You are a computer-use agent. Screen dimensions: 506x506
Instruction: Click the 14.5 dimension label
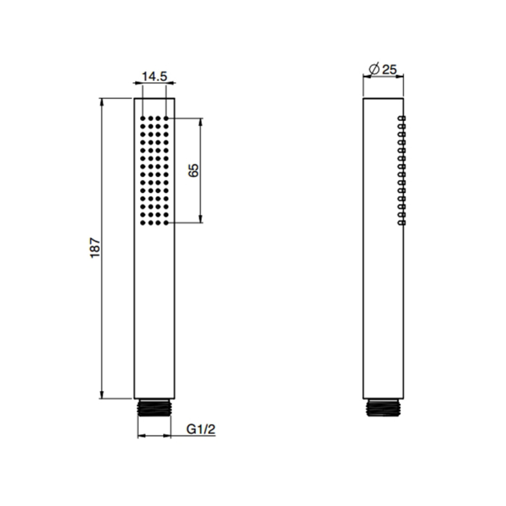coord(155,77)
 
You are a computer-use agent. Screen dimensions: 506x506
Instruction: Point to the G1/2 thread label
coord(201,429)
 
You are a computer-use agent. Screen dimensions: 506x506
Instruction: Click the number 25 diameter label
coord(389,69)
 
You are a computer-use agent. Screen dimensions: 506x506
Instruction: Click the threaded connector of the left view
coord(154,408)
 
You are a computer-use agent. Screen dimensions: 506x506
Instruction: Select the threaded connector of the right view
coord(384,408)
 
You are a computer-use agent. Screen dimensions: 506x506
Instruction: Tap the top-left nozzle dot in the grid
coord(143,118)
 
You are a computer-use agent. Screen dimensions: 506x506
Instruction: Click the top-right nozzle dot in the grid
coord(166,118)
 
